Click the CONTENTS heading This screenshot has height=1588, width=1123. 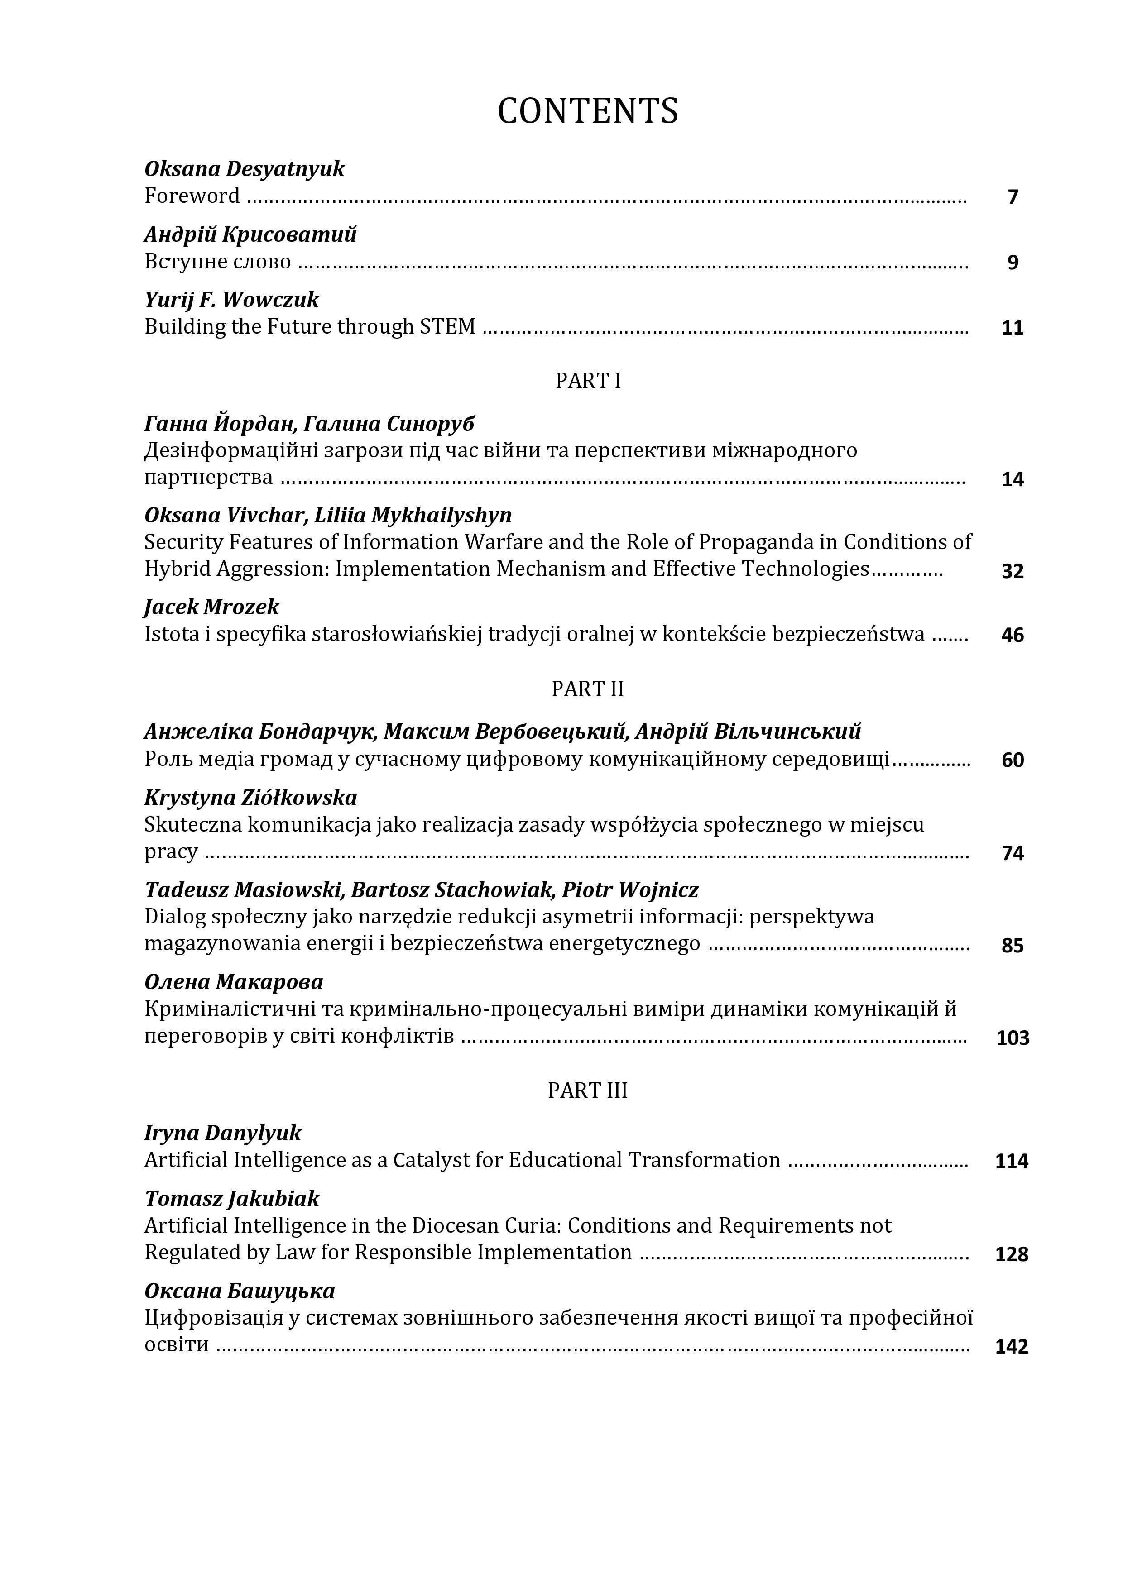[x=587, y=110]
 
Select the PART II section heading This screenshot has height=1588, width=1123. [x=587, y=689]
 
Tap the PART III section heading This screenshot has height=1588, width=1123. [x=587, y=1090]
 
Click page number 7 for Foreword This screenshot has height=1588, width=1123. [x=1013, y=197]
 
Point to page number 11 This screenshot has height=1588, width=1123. [x=1013, y=328]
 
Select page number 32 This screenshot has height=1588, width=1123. [x=1013, y=570]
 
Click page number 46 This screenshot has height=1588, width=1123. [x=1013, y=635]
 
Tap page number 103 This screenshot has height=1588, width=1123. [x=1013, y=1038]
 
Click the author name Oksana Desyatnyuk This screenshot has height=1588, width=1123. [x=244, y=169]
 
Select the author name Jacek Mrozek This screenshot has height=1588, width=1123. [x=212, y=607]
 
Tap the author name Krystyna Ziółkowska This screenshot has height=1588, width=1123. [x=250, y=798]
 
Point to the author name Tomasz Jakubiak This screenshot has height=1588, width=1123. [x=232, y=1199]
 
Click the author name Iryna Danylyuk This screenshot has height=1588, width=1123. [x=223, y=1133]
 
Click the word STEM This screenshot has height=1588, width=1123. [x=448, y=326]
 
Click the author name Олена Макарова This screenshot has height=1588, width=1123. [x=234, y=982]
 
